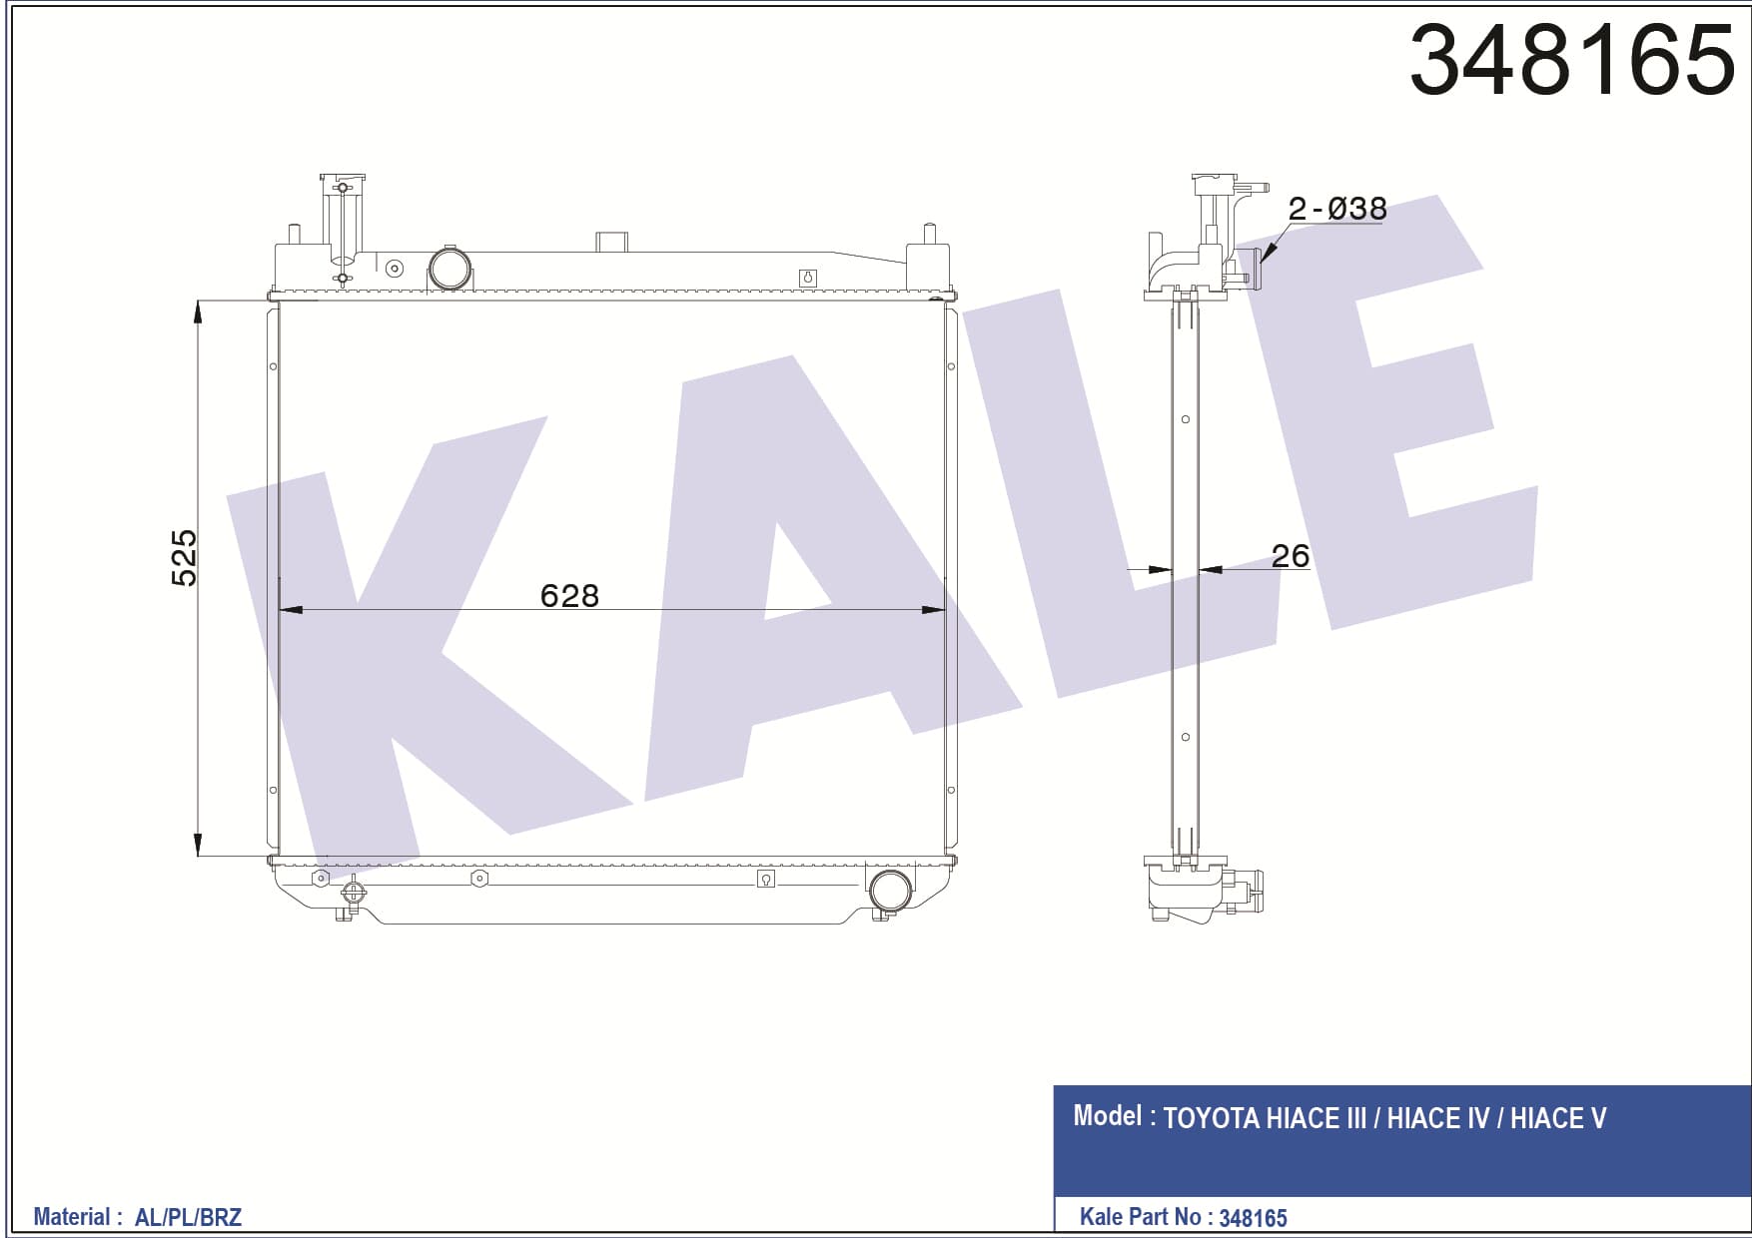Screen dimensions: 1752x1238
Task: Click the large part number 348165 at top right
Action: (1571, 59)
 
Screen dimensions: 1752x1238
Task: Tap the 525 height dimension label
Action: (185, 558)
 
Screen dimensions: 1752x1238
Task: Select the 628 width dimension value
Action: (569, 596)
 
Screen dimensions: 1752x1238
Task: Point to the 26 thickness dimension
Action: (1290, 555)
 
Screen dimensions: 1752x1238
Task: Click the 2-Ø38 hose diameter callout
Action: (1337, 209)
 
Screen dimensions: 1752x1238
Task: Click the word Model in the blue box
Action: (1107, 1115)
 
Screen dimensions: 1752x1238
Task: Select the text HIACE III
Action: (1315, 1118)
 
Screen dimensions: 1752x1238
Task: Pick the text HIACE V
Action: (1558, 1118)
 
